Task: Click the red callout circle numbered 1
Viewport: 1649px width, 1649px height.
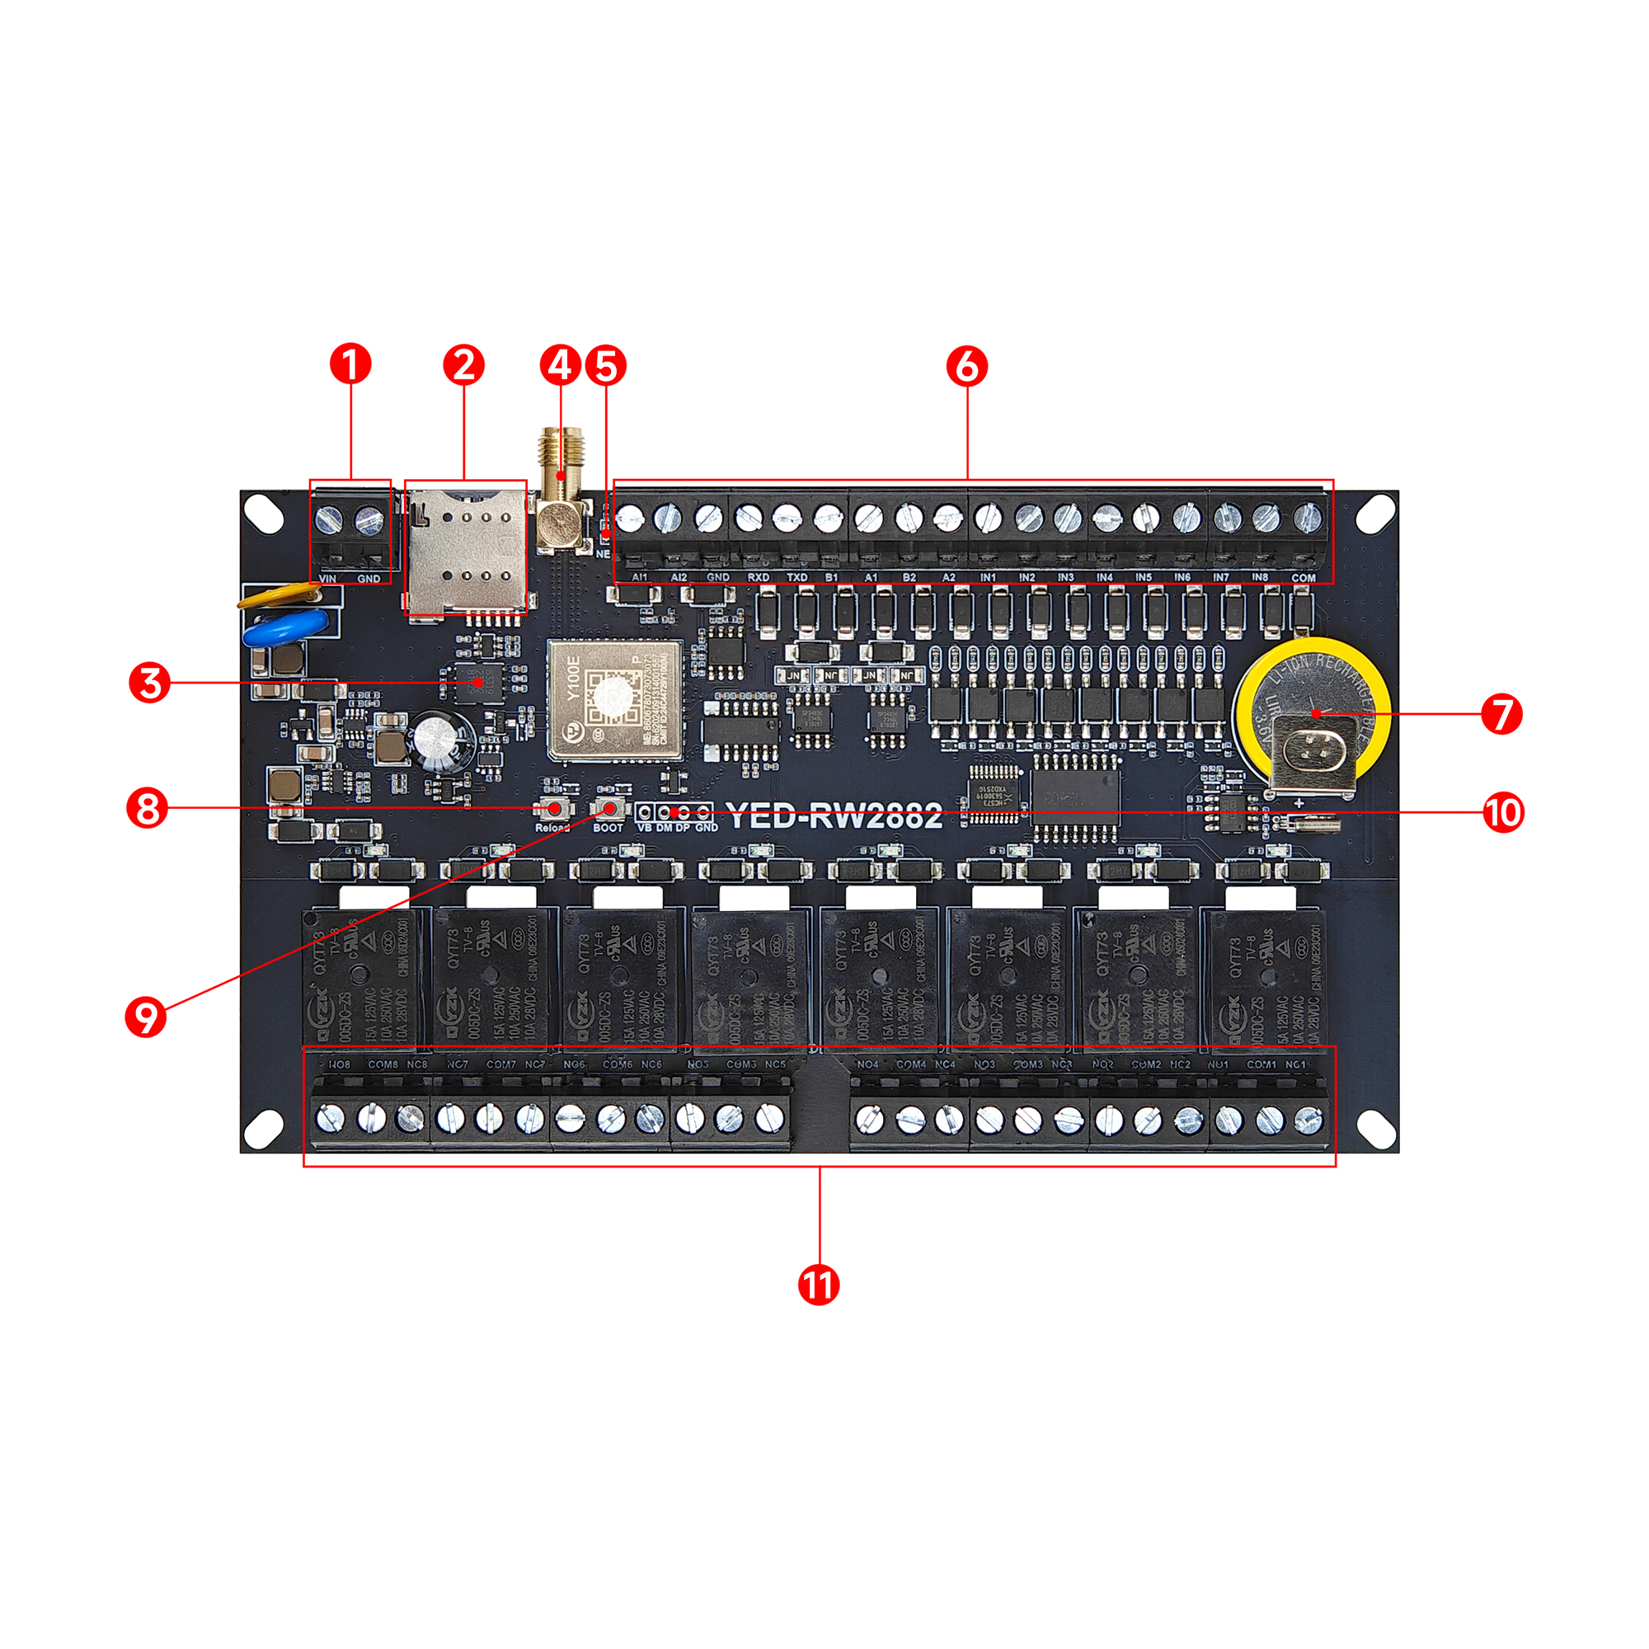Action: pyautogui.click(x=350, y=364)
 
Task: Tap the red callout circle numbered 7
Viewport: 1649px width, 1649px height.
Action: pyautogui.click(x=1501, y=713)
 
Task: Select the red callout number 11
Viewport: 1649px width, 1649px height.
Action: pyautogui.click(x=819, y=1285)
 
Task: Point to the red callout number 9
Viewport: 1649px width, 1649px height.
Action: pyautogui.click(x=146, y=1017)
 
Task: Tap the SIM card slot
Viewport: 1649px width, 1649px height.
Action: pyautogui.click(x=465, y=548)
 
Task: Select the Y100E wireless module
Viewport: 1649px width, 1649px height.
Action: pyautogui.click(x=613, y=700)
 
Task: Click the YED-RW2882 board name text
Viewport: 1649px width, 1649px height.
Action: pyautogui.click(x=834, y=816)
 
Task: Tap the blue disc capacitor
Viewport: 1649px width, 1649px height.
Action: pyautogui.click(x=284, y=628)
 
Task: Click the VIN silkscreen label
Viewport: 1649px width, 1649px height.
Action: pyautogui.click(x=328, y=579)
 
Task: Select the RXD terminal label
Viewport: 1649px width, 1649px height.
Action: pyautogui.click(x=758, y=578)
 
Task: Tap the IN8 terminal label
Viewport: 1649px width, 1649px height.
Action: pyautogui.click(x=1259, y=578)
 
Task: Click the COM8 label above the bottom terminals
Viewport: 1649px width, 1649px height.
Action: pyautogui.click(x=383, y=1064)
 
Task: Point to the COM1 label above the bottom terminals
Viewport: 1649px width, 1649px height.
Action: pyautogui.click(x=1261, y=1064)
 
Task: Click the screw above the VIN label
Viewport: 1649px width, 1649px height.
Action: pyautogui.click(x=330, y=518)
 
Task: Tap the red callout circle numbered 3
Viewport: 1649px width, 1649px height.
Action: pyautogui.click(x=149, y=683)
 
